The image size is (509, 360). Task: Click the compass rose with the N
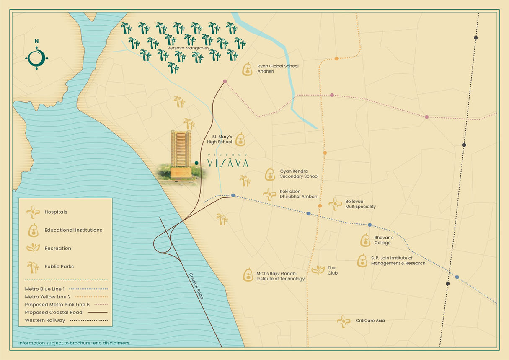tap(36, 58)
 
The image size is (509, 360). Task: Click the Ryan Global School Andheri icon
tap(248, 69)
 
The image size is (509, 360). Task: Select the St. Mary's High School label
tap(222, 139)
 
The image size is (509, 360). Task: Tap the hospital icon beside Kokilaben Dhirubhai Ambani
tap(269, 194)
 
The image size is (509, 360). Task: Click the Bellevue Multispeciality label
tap(360, 204)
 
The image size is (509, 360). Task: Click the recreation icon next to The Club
tap(318, 270)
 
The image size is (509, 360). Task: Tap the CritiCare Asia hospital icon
tap(344, 321)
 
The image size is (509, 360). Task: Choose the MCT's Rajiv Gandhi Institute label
tap(280, 276)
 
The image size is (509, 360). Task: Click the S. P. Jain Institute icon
tap(362, 261)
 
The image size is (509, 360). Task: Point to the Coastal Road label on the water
tap(196, 286)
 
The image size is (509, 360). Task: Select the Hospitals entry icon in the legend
tap(33, 212)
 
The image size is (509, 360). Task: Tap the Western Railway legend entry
tap(45, 320)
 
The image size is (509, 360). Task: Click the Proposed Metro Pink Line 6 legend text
tap(54, 305)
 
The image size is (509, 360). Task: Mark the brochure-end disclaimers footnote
tap(74, 343)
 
